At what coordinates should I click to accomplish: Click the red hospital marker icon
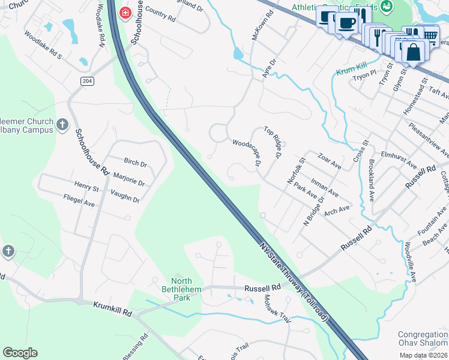[125, 13]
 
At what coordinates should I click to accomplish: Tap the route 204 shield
[88, 81]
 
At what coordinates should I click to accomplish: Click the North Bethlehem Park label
[181, 289]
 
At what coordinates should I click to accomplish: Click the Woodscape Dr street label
[247, 153]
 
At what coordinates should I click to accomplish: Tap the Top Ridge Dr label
[273, 142]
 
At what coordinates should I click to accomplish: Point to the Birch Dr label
[135, 163]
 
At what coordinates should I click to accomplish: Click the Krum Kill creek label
[351, 71]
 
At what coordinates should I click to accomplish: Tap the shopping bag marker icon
[414, 52]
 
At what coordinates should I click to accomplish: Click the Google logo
[20, 353]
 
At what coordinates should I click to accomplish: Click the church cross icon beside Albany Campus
[62, 124]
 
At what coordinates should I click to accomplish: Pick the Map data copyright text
[424, 355]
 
